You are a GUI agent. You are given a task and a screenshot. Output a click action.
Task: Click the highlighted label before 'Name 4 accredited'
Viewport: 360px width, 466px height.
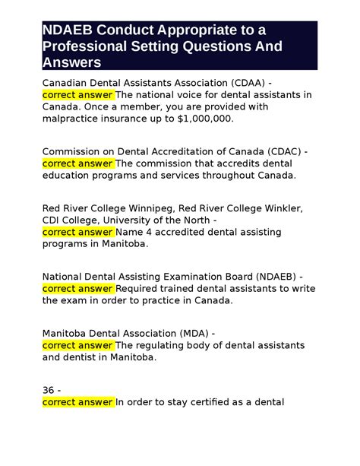[78, 231]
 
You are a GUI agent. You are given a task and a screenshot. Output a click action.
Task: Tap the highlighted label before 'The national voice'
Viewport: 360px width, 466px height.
[78, 94]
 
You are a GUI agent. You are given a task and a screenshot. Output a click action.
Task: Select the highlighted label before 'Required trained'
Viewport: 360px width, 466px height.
[78, 287]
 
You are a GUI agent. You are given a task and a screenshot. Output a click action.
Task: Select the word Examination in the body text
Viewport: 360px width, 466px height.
[186, 275]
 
